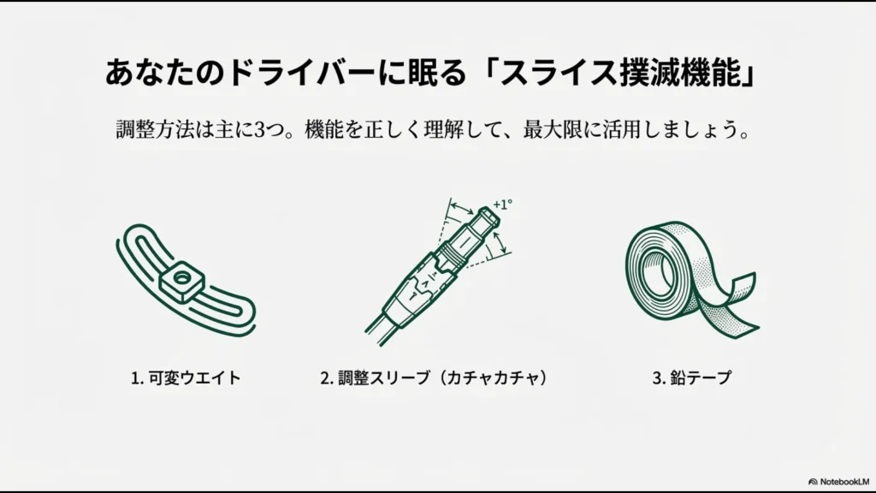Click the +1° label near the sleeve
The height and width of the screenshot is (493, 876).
[x=503, y=205]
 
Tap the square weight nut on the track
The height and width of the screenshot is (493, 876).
[x=181, y=277]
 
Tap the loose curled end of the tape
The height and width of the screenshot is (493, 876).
[x=737, y=308]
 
